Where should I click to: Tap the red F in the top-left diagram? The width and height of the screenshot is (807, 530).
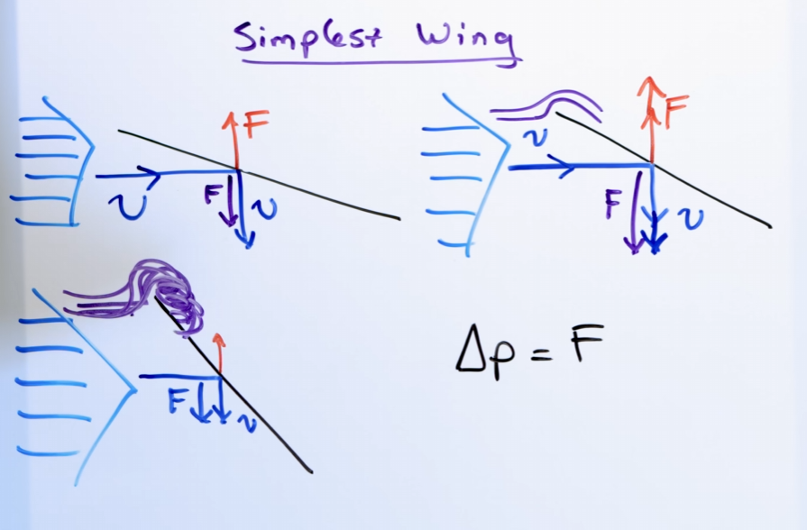257,124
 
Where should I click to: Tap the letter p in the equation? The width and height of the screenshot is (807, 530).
508,361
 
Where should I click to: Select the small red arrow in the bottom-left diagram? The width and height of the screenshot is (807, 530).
217,352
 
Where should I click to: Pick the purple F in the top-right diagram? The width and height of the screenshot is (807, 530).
613,206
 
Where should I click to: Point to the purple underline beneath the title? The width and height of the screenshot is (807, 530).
379,62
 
